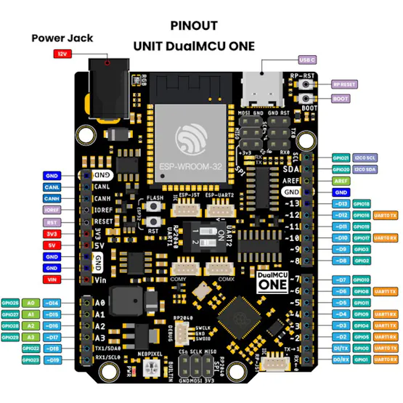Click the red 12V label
[62, 54]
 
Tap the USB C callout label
[306, 60]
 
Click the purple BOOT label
[341, 99]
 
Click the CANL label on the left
[52, 187]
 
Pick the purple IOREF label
[52, 210]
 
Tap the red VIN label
[52, 280]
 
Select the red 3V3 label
[52, 234]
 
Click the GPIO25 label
[10, 302]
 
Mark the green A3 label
[30, 337]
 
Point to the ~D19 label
[52, 359]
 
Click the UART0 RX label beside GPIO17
[386, 238]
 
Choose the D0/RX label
[341, 359]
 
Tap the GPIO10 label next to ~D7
[362, 280]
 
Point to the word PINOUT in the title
[194, 25]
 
